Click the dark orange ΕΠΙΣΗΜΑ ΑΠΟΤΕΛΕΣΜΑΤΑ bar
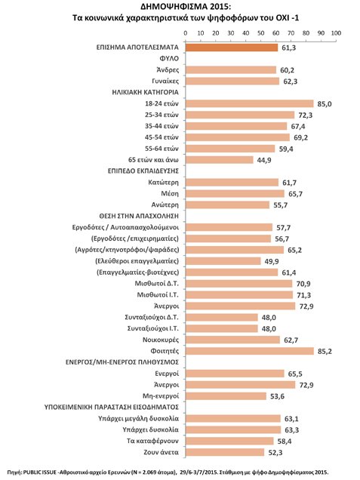pyautogui.click(x=232, y=48)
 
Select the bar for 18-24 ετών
pyautogui.click(x=250, y=103)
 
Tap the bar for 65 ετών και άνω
pyautogui.click(x=219, y=160)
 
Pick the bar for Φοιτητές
pyautogui.click(x=250, y=351)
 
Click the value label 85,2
pyautogui.click(x=325, y=352)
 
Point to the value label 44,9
pyautogui.click(x=264, y=160)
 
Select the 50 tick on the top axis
pyautogui.click(x=261, y=33)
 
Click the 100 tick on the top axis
pyautogui.click(x=336, y=33)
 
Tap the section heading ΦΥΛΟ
pyautogui.click(x=169, y=58)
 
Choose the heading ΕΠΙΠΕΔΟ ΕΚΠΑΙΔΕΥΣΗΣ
pyautogui.click(x=143, y=171)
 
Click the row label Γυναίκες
pyautogui.click(x=165, y=81)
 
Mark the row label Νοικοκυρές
pyautogui.click(x=161, y=340)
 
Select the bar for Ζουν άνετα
pyautogui.click(x=225, y=452)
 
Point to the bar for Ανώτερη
pyautogui.click(x=227, y=205)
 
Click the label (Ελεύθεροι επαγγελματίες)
pyautogui.click(x=137, y=261)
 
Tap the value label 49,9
pyautogui.click(x=272, y=262)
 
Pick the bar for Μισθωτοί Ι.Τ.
pyautogui.click(x=239, y=295)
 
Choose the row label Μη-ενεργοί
pyautogui.click(x=161, y=396)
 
